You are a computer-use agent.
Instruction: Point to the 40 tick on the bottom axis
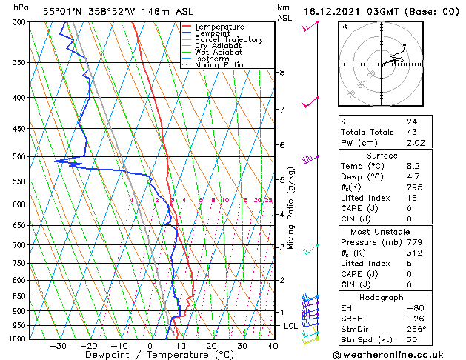click(273, 346)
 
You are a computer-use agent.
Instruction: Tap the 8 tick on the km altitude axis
click(282, 72)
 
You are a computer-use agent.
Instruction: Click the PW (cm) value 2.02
click(415, 143)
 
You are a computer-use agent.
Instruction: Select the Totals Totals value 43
click(411, 132)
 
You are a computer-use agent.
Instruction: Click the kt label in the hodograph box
click(344, 26)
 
